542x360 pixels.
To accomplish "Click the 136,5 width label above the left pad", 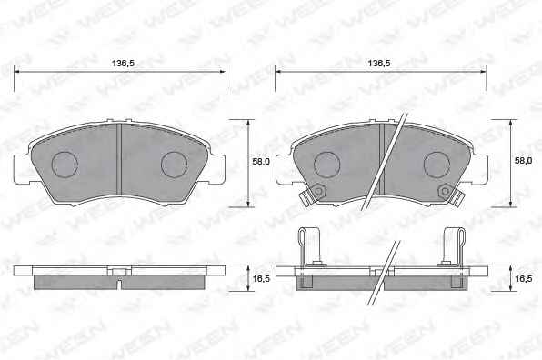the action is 123,64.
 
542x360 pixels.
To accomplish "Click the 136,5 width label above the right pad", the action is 379,64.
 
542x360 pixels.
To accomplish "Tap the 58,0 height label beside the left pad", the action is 261,161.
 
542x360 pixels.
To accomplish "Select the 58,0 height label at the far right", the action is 523,161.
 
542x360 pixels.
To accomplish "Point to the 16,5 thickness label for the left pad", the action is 261,278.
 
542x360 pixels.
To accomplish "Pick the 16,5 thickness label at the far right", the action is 523,278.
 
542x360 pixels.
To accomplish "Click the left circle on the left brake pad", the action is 65,165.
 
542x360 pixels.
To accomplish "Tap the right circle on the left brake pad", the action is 175,165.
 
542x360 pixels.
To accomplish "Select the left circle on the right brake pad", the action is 327,165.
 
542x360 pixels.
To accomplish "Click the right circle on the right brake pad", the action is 437,165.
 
